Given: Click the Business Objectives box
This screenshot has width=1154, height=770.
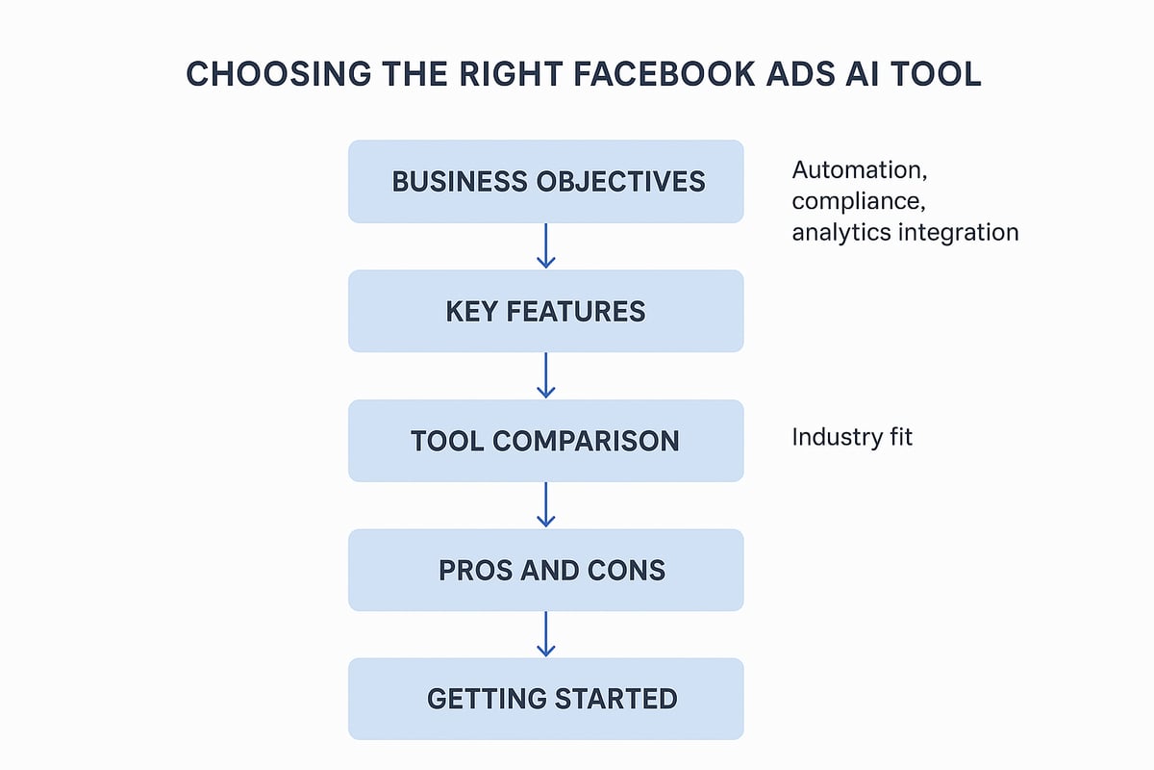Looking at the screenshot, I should coord(545,181).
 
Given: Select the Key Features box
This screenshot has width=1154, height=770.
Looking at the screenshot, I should coord(545,311).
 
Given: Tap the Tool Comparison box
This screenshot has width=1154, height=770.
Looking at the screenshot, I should coord(545,441).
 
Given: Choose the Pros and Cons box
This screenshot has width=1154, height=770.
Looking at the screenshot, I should coord(545,570).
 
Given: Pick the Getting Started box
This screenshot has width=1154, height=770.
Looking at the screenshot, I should coord(545,699).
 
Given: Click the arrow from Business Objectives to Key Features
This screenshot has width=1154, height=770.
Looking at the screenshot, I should coord(545,245).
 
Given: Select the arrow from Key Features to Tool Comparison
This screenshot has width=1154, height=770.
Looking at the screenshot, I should coord(545,374).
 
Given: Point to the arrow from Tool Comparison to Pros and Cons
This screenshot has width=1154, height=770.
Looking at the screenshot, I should coord(545,504).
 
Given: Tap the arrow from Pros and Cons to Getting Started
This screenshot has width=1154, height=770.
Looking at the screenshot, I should coord(545,633).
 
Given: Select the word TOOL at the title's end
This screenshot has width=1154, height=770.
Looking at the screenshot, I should coord(935,75).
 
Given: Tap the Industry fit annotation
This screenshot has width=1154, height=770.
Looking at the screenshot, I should coord(851,437).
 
